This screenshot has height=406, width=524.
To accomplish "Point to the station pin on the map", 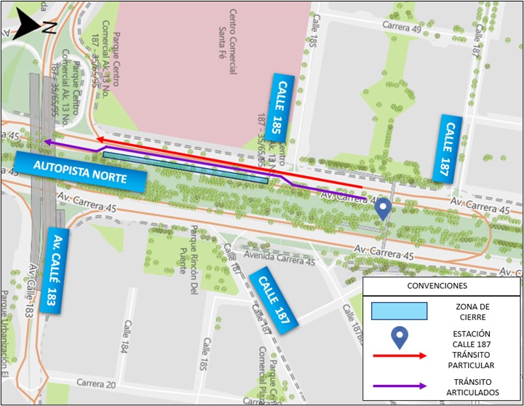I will [383, 210].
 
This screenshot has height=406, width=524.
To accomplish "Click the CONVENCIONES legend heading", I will [441, 286].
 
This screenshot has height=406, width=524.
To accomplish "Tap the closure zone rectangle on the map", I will [186, 167].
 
